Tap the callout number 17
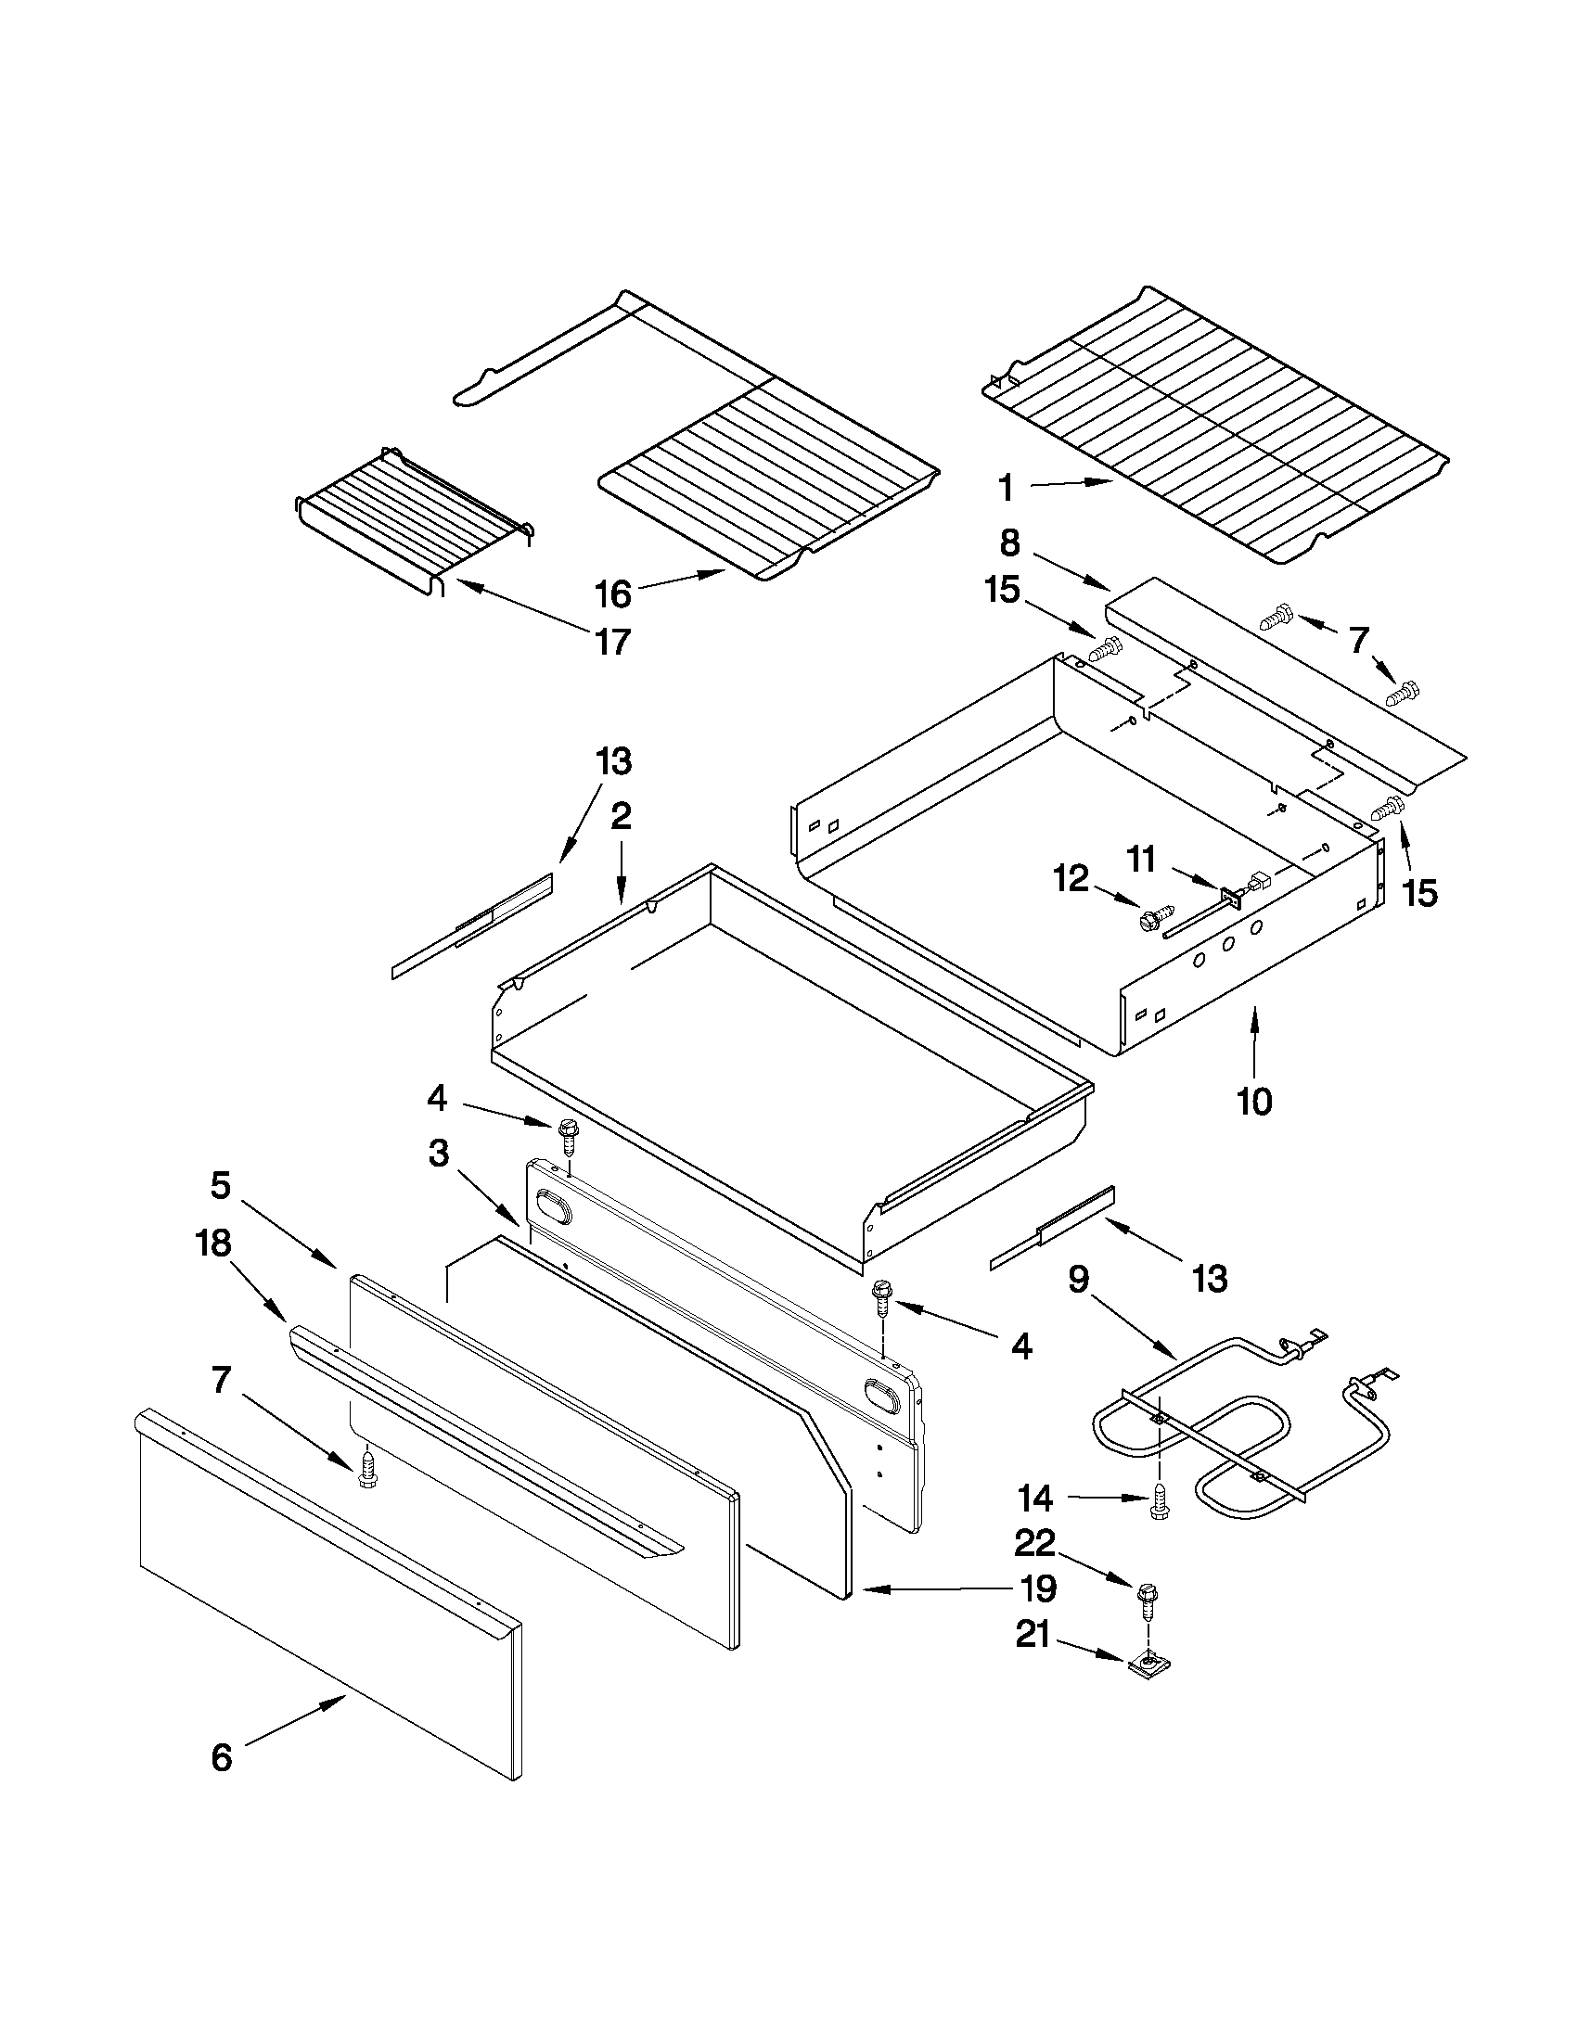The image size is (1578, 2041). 613,642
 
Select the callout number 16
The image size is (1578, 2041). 613,593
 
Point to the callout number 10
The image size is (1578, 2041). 1254,1102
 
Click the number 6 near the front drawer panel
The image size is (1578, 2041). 222,1758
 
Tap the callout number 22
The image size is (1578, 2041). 1035,1543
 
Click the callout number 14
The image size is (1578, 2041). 1035,1499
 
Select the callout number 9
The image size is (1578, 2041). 1079,1279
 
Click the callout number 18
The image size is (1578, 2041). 213,1244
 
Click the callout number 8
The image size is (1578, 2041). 1009,543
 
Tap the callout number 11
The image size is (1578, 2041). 1141,858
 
